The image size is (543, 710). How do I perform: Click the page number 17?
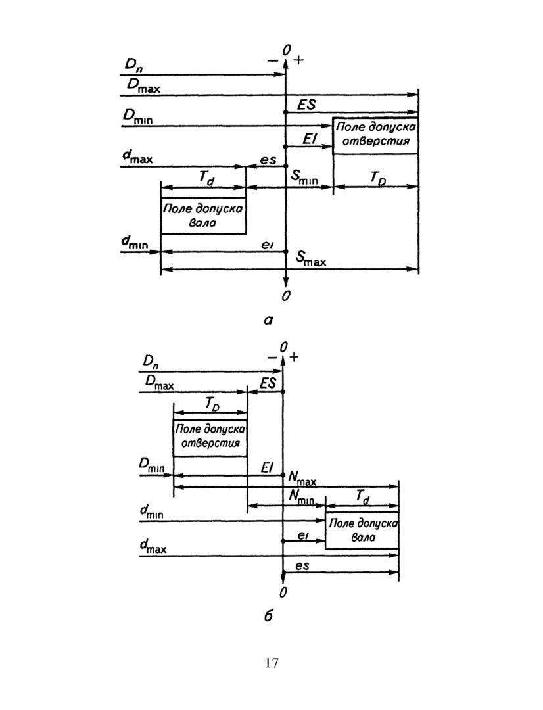[x=271, y=662]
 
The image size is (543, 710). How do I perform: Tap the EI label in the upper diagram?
[x=310, y=138]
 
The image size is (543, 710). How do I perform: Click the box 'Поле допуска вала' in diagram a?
[x=203, y=216]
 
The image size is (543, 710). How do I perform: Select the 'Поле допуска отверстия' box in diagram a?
[x=375, y=135]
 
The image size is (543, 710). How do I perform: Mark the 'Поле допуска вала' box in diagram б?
[x=362, y=530]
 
